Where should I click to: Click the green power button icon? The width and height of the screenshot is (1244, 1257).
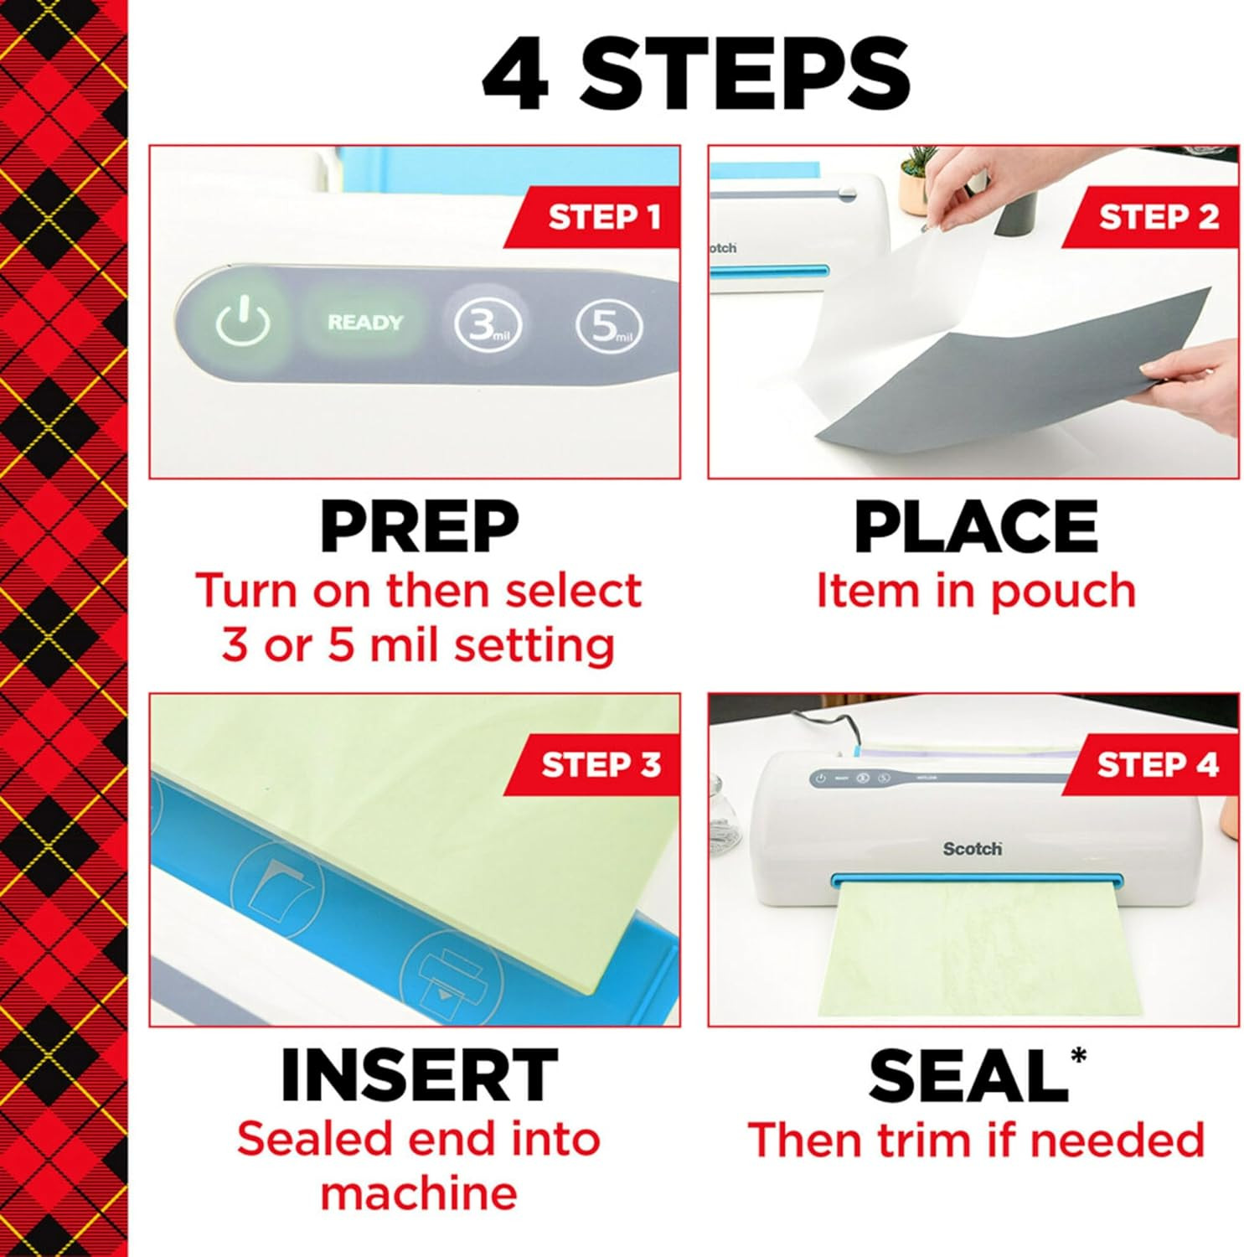point(243,323)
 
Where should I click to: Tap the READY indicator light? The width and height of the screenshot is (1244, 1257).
point(365,323)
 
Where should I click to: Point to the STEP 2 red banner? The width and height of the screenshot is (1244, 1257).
point(1156,217)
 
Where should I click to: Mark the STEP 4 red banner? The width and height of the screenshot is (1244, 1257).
point(1156,764)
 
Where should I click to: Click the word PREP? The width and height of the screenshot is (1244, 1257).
point(419,527)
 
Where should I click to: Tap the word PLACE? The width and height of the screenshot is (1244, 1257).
point(975,527)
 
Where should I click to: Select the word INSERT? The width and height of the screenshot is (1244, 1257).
point(419,1075)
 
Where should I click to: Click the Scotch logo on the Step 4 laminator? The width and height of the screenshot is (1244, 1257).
point(972,849)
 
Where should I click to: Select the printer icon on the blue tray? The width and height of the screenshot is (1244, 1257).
point(452,975)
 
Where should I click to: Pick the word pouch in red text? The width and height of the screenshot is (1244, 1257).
point(1063,592)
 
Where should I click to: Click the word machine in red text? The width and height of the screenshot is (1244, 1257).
point(419,1193)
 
